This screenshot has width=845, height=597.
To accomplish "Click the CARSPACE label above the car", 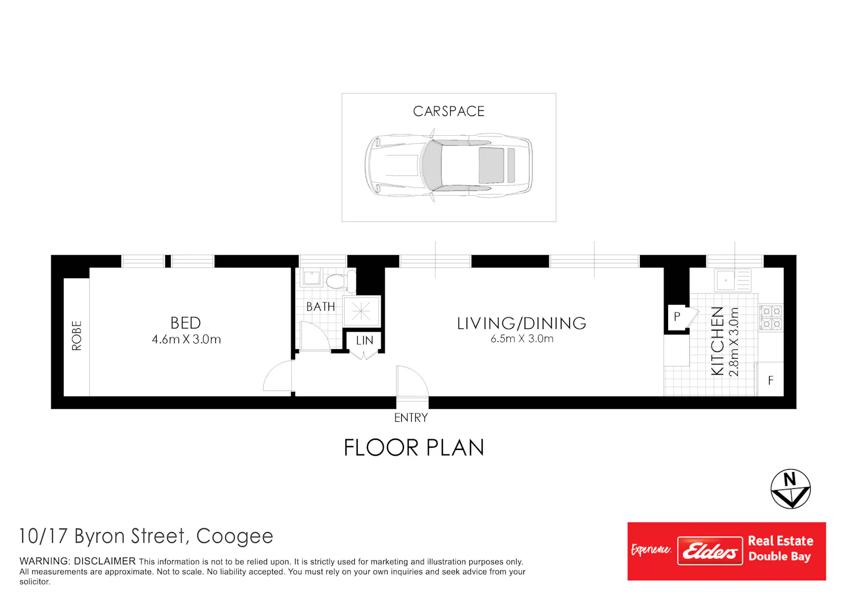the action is coord(448,112).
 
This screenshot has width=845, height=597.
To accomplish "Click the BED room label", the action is coord(185,323).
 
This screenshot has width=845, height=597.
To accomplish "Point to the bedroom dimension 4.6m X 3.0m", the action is coord(186,340).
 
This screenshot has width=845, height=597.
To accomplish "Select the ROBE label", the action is coord(76,336).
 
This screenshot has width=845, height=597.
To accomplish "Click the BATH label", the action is coord(321,306).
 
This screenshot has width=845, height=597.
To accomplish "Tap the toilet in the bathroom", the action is coord(341,281).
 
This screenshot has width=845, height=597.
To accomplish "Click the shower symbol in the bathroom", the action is coord(361,311).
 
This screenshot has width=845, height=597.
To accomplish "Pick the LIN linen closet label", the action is coord(364,341).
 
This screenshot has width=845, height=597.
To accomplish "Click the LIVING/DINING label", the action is coord(521,323).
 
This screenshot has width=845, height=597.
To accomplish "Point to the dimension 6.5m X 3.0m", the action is coord(522,338).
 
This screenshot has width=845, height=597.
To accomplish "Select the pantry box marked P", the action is coord(677,317).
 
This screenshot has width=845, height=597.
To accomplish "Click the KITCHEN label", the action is coord(717,341).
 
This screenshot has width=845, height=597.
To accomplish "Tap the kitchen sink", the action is coord(732,280).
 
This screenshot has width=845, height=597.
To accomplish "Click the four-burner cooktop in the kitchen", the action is coord(771,318).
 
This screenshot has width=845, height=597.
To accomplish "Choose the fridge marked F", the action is coord(771,380).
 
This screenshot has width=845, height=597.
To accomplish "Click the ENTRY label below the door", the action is coord(411,418).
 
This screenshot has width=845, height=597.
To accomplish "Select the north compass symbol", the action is coord(790,489).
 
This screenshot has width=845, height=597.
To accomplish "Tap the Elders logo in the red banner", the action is coord(710,551).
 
